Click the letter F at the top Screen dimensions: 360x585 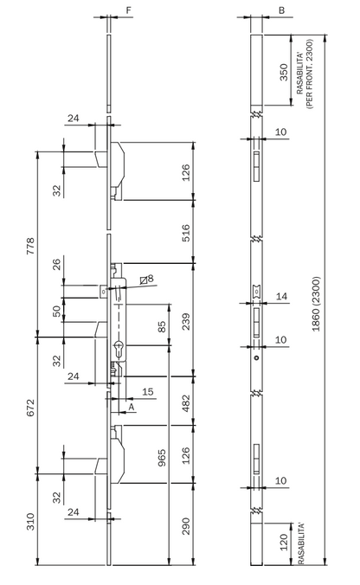coord(129,10)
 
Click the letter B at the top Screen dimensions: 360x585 coord(281,10)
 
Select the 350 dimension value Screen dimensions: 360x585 coord(284,72)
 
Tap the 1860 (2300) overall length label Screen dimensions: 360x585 coord(316,304)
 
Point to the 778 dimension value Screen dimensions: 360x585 coord(29,246)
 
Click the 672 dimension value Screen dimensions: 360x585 coord(29,408)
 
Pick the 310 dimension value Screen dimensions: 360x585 coord(29,522)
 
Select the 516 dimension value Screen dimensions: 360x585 coord(186,233)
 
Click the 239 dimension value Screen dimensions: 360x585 coord(186,322)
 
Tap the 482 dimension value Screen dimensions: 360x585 coord(186,403)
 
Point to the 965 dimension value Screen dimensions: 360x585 coord(162,458)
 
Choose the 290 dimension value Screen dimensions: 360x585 coord(186,526)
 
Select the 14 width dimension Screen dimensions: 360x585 coord(281,296)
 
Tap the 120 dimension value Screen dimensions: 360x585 coord(284,542)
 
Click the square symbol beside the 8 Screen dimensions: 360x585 coord(144,280)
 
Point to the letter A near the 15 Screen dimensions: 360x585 coord(132,407)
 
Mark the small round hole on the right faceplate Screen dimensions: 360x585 coord(256,358)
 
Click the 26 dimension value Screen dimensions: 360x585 coord(56,265)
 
